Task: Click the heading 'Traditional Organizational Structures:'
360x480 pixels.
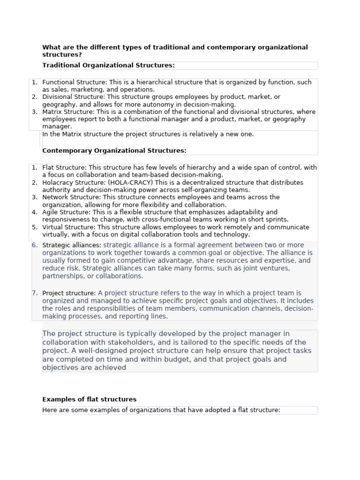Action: click(x=108, y=65)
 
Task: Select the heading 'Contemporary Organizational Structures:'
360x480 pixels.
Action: click(x=114, y=150)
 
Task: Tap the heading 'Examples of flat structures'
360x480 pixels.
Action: click(x=89, y=399)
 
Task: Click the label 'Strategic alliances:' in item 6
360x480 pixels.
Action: click(x=71, y=245)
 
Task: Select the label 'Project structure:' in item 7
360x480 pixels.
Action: click(x=69, y=293)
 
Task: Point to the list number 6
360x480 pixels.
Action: click(x=34, y=245)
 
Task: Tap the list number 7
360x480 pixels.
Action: click(x=34, y=293)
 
